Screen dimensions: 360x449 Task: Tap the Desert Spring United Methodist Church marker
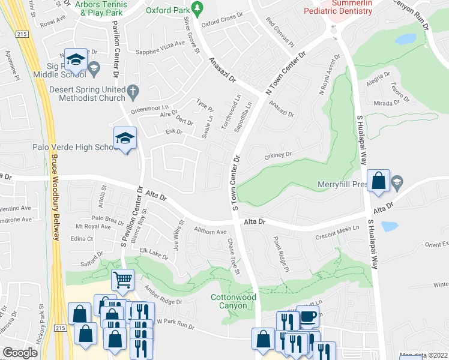tap(135, 91)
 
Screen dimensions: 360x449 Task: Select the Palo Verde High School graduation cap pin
tap(125, 139)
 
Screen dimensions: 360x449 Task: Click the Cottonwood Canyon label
tap(234, 301)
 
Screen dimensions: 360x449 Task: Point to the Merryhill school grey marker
tap(396, 181)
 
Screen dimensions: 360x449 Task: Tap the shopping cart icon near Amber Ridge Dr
tap(122, 279)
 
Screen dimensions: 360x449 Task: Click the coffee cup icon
tap(309, 317)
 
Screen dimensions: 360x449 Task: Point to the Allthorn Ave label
tap(209, 232)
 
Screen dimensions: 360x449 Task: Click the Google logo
tap(20, 353)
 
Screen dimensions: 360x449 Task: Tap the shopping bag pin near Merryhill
tap(379, 181)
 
